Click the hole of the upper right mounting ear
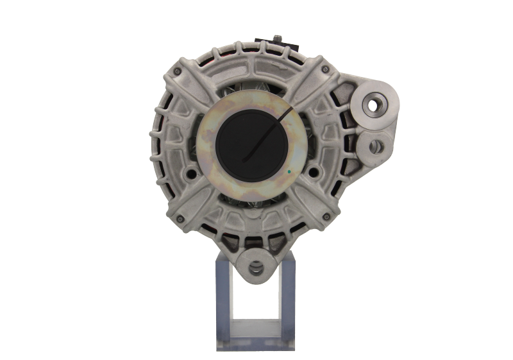tap(374, 103)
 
